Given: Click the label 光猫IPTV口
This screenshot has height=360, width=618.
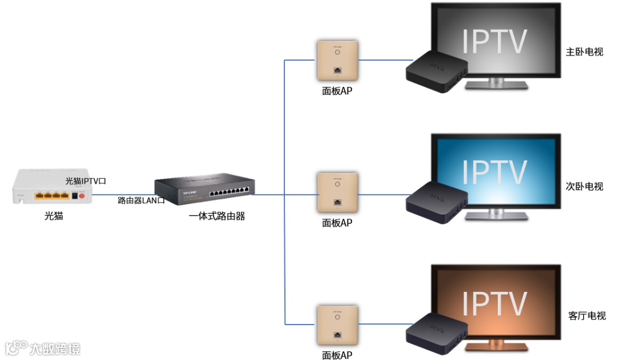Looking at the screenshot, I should pyautogui.click(x=86, y=181).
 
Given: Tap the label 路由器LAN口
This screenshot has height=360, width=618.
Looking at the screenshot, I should pyautogui.click(x=141, y=200).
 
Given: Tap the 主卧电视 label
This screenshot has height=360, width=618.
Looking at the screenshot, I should pyautogui.click(x=584, y=52).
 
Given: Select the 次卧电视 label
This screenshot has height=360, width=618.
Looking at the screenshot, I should pyautogui.click(x=584, y=187).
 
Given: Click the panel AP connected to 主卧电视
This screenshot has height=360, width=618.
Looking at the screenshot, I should pyautogui.click(x=337, y=60).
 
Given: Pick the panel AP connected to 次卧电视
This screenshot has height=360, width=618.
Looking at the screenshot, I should pyautogui.click(x=338, y=193).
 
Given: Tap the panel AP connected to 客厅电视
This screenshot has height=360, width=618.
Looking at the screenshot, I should pyautogui.click(x=337, y=325).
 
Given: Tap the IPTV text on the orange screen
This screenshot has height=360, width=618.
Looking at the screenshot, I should pyautogui.click(x=494, y=303).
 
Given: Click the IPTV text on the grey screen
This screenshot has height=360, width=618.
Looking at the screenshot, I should pyautogui.click(x=494, y=40).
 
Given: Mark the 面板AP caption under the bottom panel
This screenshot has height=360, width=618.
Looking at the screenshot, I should pyautogui.click(x=337, y=355).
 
